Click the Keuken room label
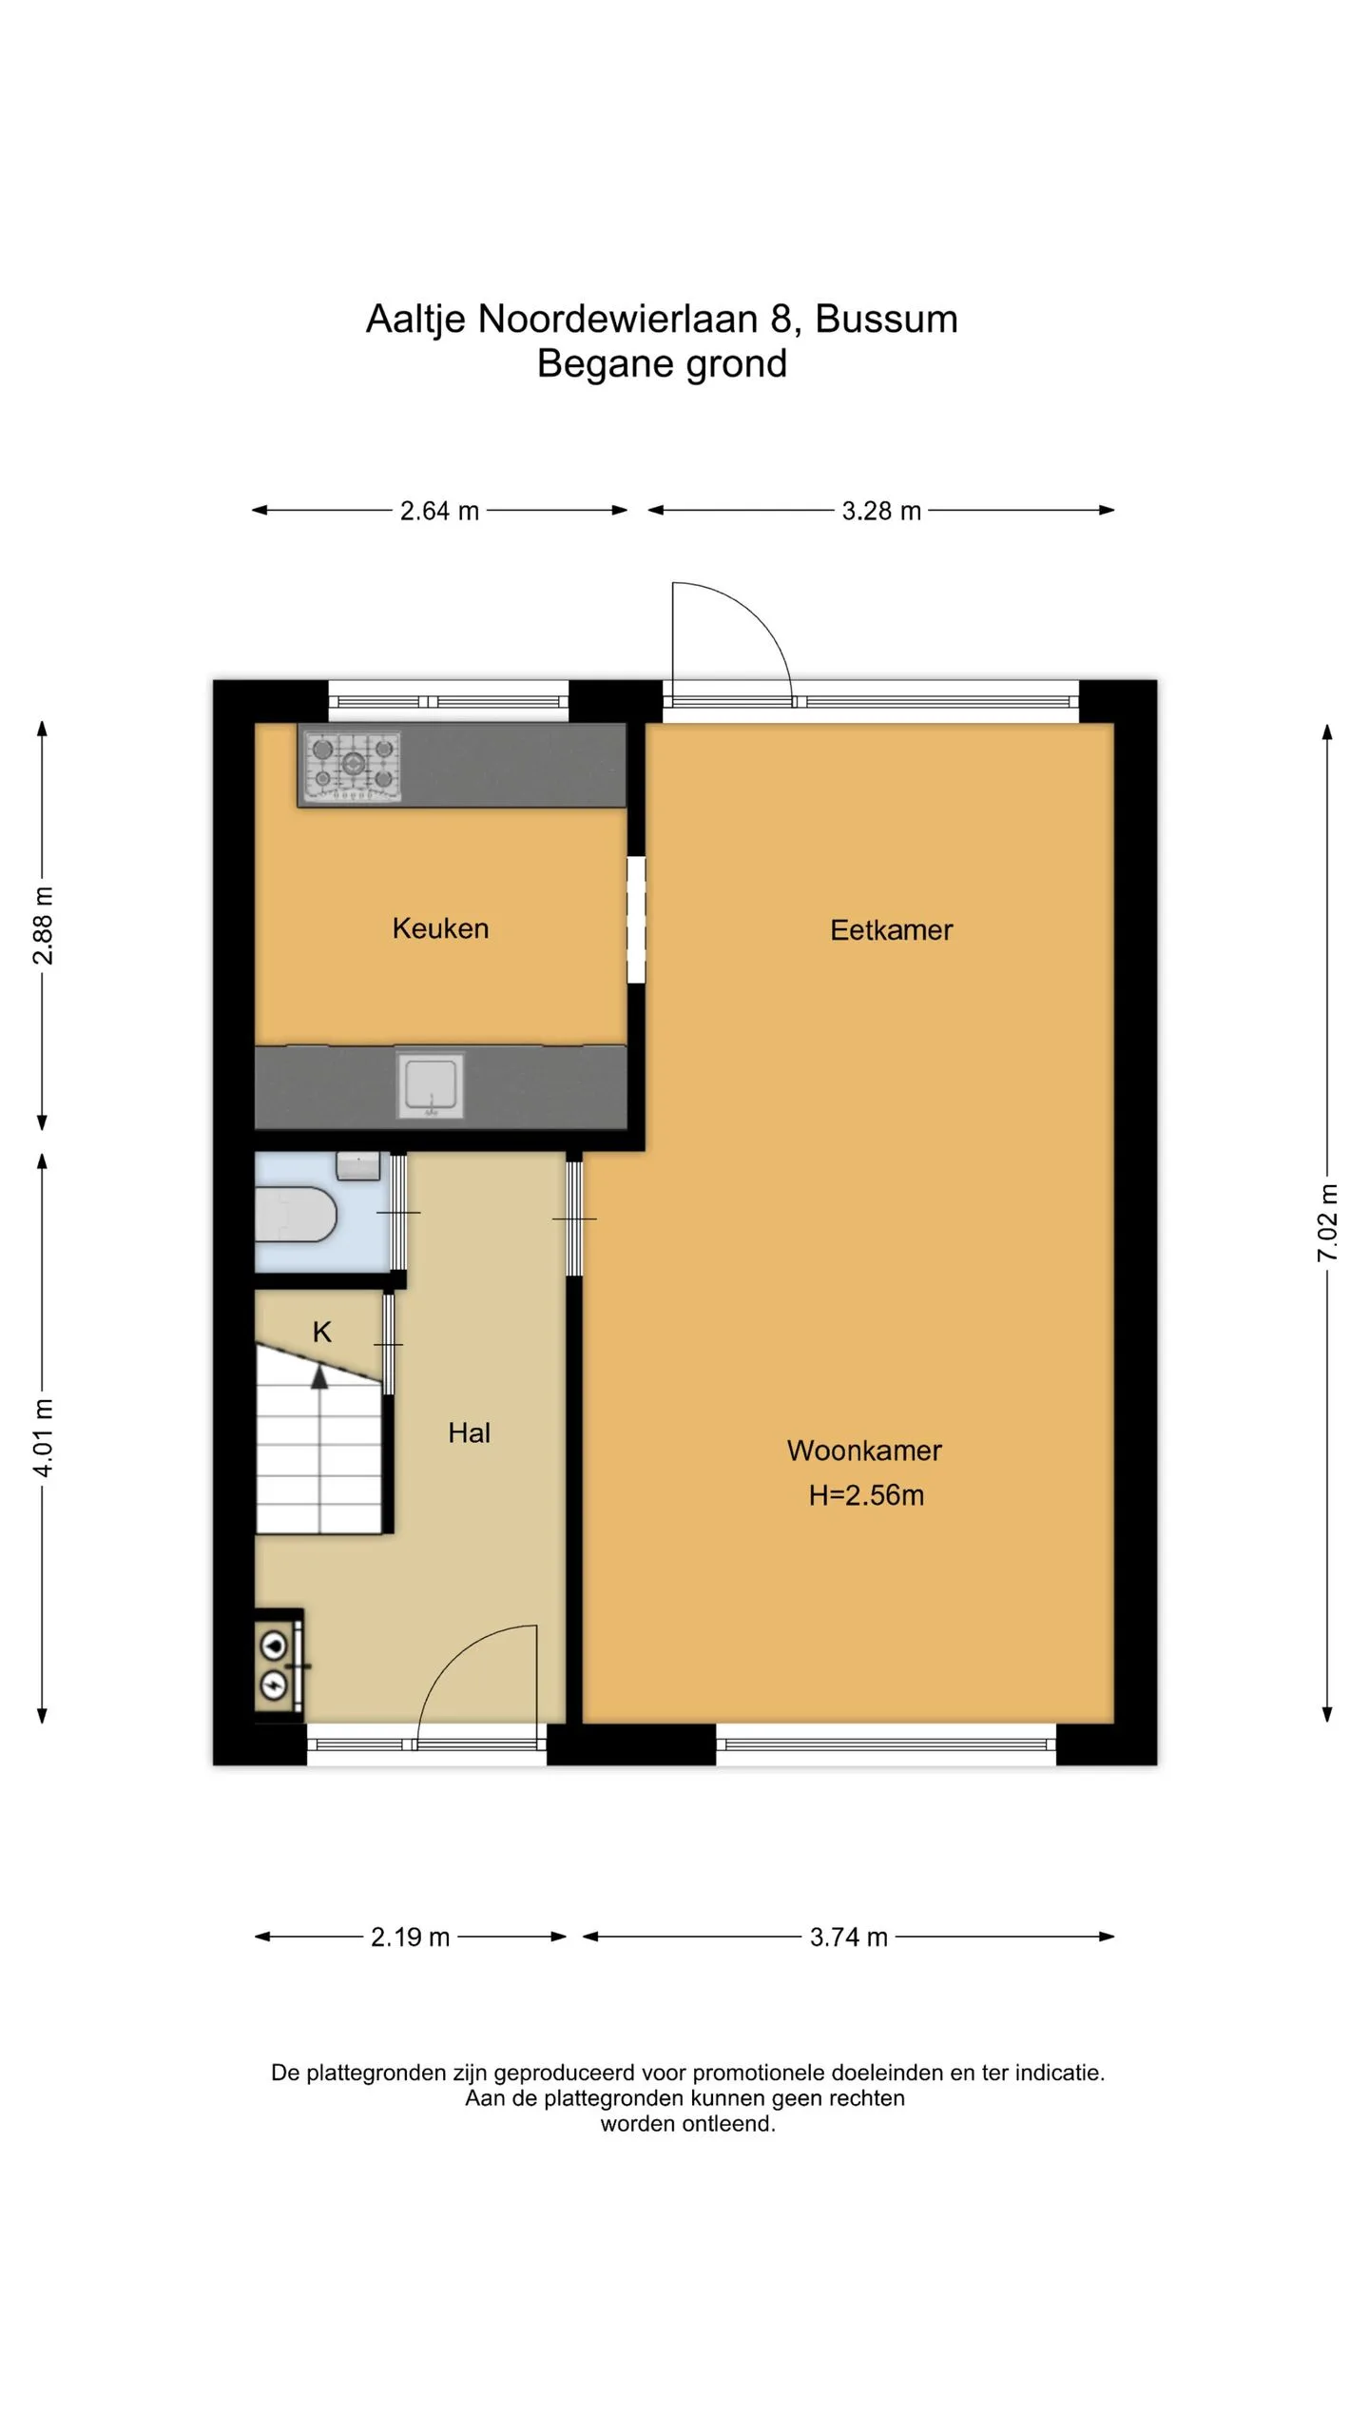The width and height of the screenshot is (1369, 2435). [440, 928]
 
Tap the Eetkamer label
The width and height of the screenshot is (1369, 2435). [891, 930]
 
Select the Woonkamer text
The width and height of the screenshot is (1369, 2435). [864, 1451]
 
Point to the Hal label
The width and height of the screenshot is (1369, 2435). [469, 1432]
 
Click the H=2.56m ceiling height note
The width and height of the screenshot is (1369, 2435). [866, 1495]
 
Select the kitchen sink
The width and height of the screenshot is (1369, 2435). [431, 1084]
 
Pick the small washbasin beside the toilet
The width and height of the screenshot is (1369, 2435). [358, 1165]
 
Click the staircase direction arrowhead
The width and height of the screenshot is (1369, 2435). [319, 1376]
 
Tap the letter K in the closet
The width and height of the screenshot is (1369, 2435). [322, 1332]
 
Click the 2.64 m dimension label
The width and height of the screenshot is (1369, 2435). [439, 511]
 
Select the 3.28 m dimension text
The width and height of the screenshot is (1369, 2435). [881, 511]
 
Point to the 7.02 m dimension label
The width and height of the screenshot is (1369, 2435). [1327, 1223]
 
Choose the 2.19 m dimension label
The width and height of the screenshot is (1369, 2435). [410, 1937]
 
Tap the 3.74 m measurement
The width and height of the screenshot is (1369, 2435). [848, 1937]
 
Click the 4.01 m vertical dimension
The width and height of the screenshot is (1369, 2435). [43, 1438]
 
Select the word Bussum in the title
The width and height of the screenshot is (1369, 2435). [886, 319]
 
